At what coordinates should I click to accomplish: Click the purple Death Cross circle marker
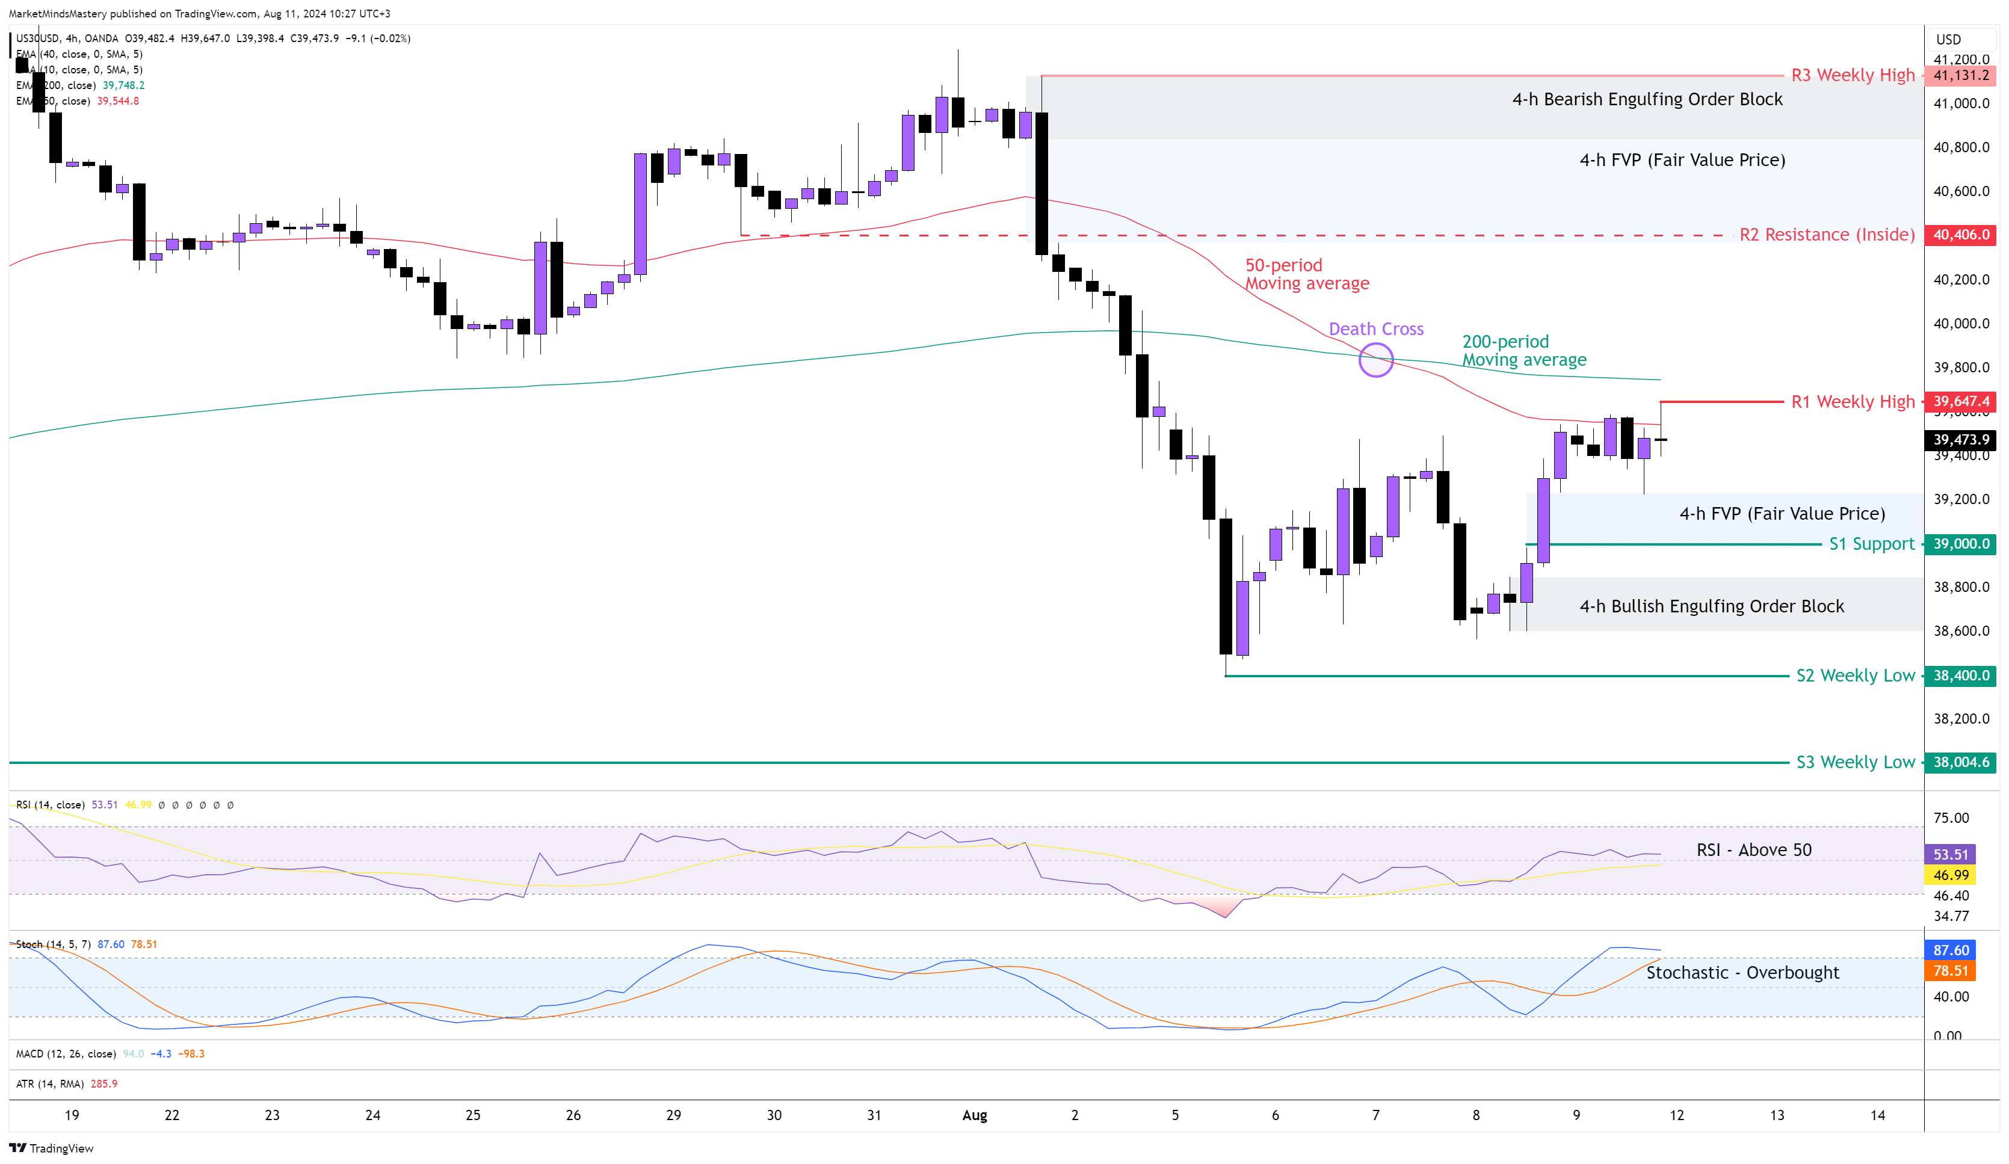point(1375,360)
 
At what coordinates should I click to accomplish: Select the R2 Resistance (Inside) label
point(1827,235)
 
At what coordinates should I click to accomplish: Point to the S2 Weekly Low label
point(1855,676)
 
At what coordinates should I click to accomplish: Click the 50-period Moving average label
point(1307,274)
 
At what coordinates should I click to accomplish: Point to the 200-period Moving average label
point(1523,351)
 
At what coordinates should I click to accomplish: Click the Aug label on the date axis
point(974,1115)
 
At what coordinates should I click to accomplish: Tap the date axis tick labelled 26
point(573,1115)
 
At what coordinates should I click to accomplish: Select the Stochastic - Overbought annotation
point(1742,973)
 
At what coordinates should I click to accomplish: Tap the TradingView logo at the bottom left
point(51,1148)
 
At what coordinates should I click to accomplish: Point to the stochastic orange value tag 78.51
point(1950,971)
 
